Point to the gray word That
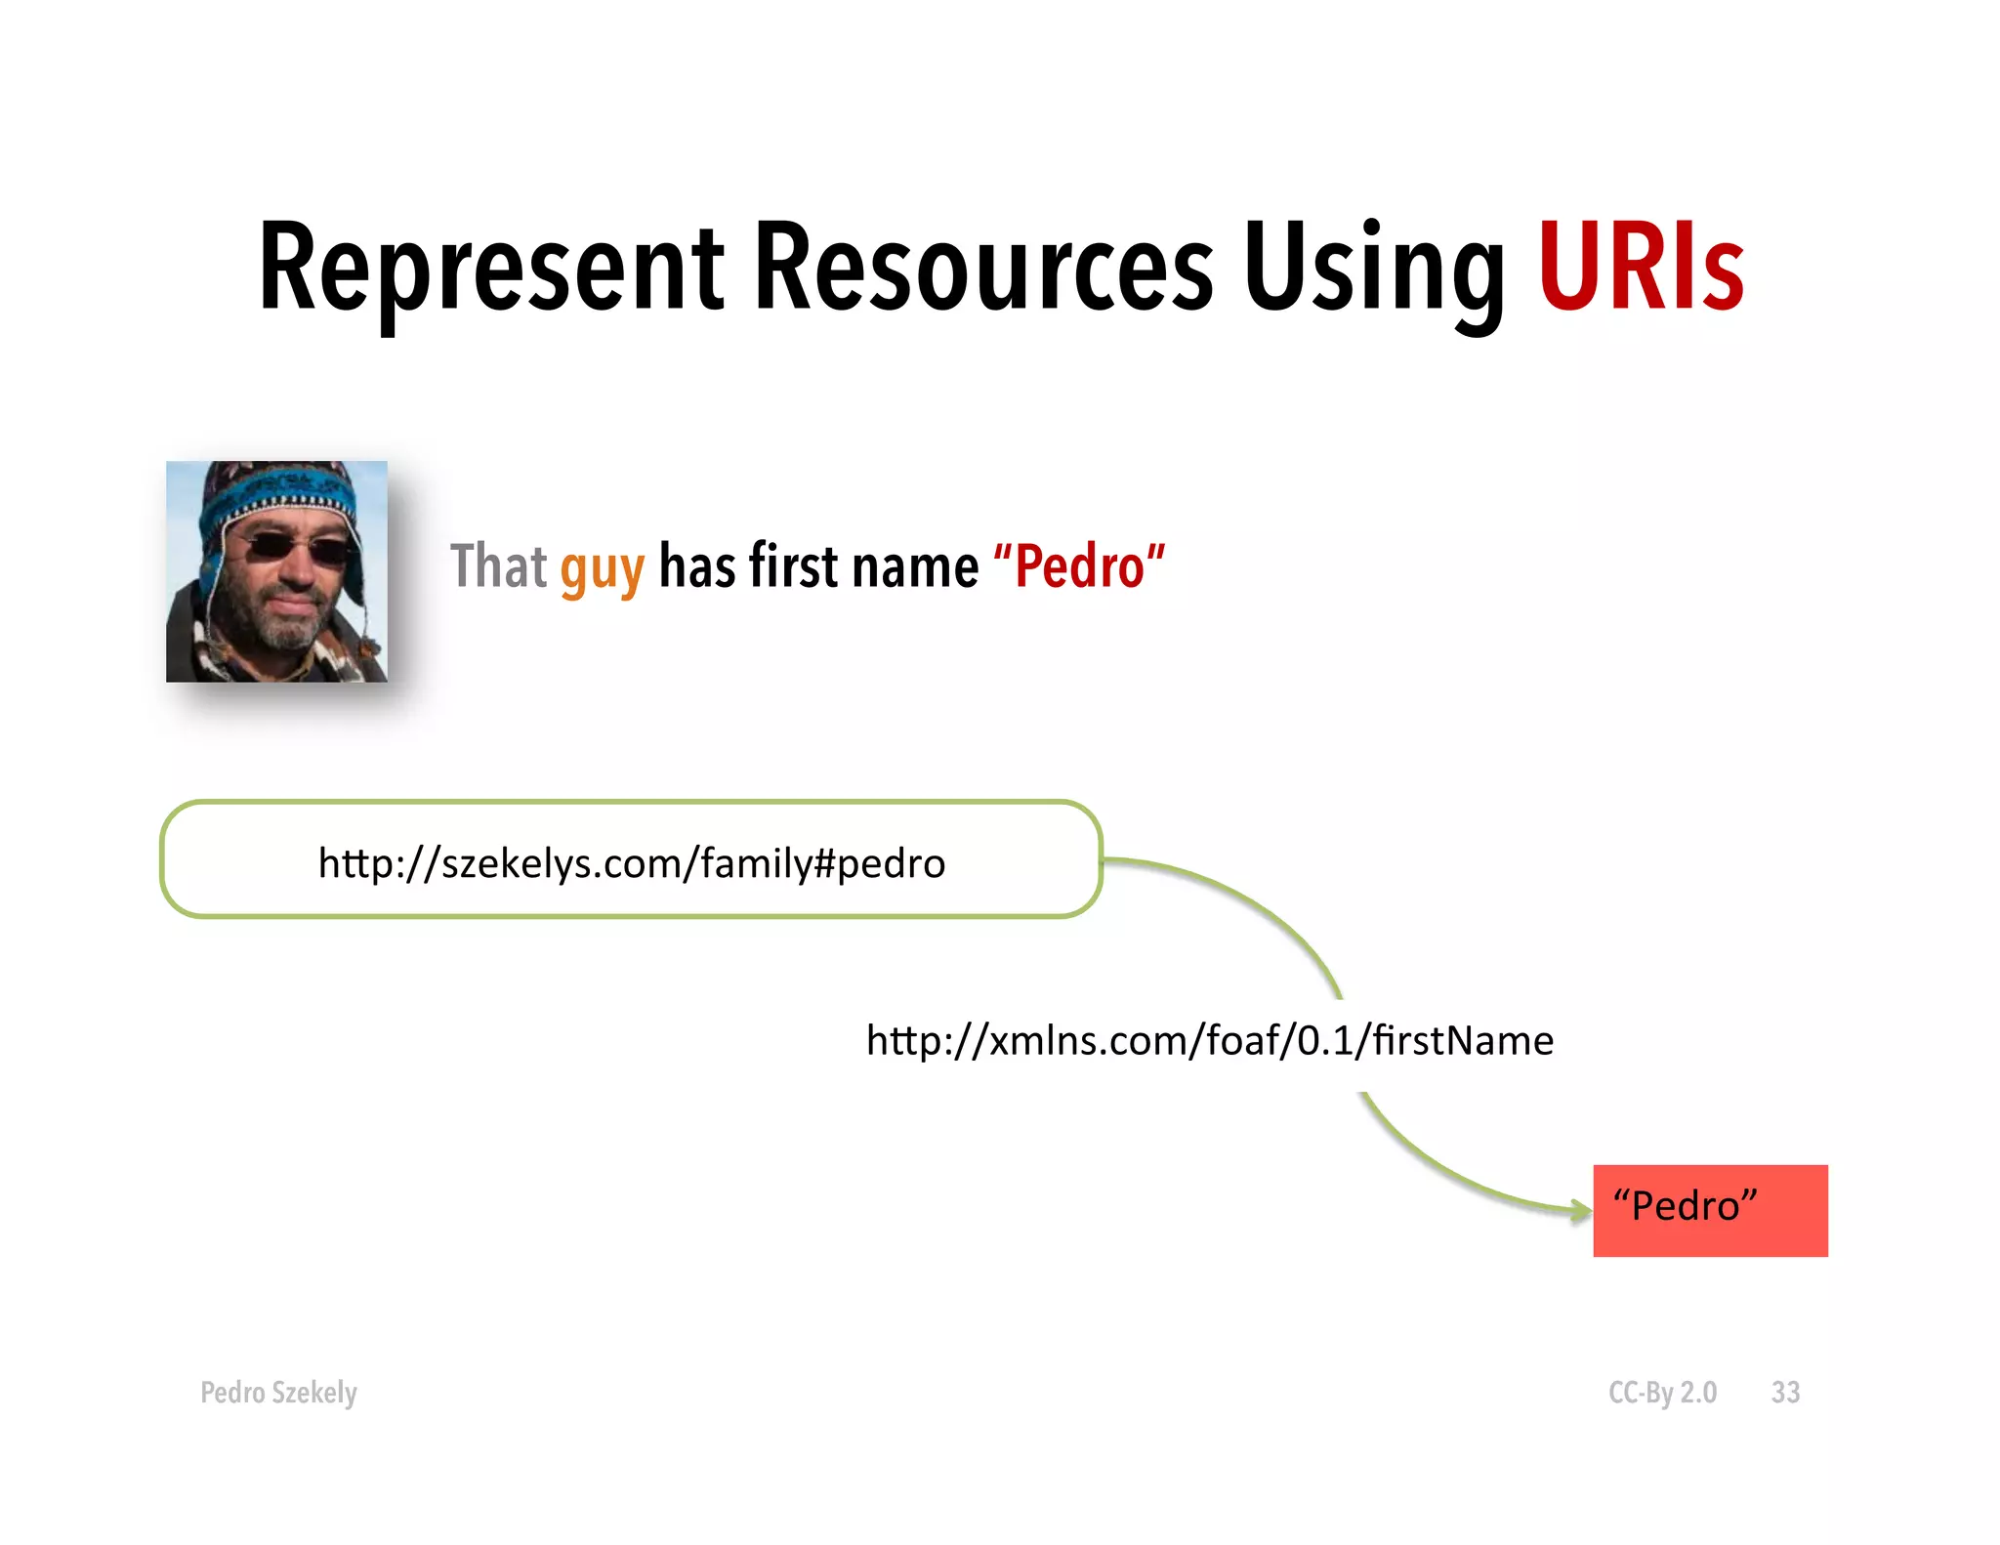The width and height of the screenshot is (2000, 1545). [498, 566]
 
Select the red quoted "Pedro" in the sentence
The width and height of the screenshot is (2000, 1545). [1079, 566]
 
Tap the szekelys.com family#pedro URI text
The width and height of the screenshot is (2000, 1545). [632, 863]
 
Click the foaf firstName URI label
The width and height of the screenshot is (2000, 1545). [1209, 1041]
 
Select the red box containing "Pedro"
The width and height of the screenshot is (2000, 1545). [1710, 1210]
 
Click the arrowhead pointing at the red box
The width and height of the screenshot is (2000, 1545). [1581, 1212]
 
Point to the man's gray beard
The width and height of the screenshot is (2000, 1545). [283, 625]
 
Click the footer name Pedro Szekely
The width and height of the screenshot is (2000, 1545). [278, 1392]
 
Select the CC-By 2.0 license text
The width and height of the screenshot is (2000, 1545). [1662, 1392]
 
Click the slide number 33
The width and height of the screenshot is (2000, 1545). [1785, 1392]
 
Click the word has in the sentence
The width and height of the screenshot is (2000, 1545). [697, 566]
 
